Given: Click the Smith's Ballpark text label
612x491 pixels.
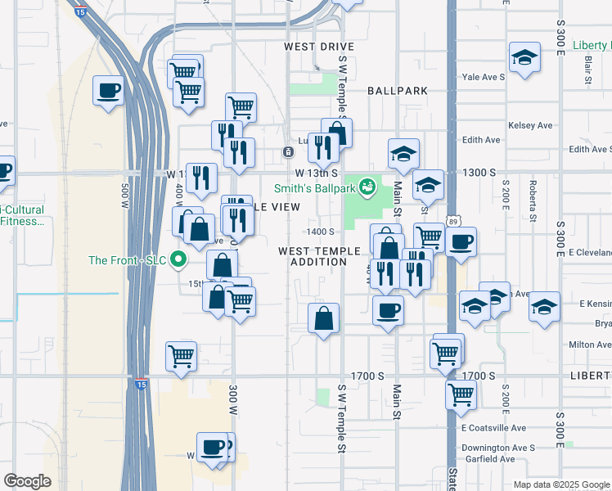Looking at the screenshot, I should (313, 187).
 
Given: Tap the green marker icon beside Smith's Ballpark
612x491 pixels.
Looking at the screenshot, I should (367, 187).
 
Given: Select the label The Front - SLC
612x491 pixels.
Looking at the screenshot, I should (127, 260).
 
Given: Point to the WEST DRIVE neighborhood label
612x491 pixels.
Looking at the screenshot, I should (317, 47).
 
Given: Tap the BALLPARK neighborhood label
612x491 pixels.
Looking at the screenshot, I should (398, 90).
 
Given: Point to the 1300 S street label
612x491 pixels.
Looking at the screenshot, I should (479, 173).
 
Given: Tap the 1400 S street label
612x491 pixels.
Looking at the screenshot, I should (320, 232).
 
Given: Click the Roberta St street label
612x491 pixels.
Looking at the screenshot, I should (533, 201).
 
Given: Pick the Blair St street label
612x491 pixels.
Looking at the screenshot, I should (587, 70).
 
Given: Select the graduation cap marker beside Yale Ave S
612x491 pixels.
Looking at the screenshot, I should (524, 57).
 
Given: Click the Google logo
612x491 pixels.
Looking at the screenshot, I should (27, 481).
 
